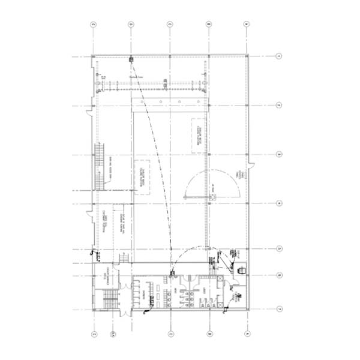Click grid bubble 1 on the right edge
(280, 56)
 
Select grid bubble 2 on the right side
(280, 106)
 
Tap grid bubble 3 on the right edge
(280, 155)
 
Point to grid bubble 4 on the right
(280, 203)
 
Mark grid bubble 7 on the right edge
(280, 308)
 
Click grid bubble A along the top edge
(246, 25)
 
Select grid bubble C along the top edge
(170, 25)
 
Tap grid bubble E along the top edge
(94, 25)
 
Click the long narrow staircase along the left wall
(99, 166)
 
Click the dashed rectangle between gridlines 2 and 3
(196, 136)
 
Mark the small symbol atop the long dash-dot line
(131, 59)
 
